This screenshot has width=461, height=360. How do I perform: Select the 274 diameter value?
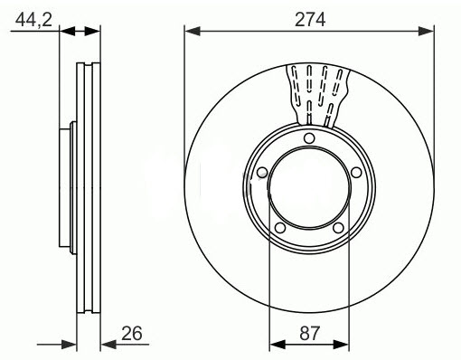click(x=309, y=15)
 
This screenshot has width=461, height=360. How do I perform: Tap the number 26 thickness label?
click(x=132, y=333)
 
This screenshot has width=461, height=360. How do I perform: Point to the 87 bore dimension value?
click(x=309, y=333)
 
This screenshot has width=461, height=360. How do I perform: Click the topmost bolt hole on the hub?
click(x=309, y=138)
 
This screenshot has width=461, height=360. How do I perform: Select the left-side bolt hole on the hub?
click(x=262, y=173)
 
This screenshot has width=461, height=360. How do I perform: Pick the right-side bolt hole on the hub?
click(x=356, y=173)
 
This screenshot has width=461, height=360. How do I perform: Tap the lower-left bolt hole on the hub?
click(x=280, y=228)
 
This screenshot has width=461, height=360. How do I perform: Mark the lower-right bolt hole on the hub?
click(x=338, y=228)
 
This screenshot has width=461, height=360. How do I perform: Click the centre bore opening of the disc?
click(x=309, y=186)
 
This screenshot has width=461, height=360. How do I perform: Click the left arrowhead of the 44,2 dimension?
click(x=67, y=31)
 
